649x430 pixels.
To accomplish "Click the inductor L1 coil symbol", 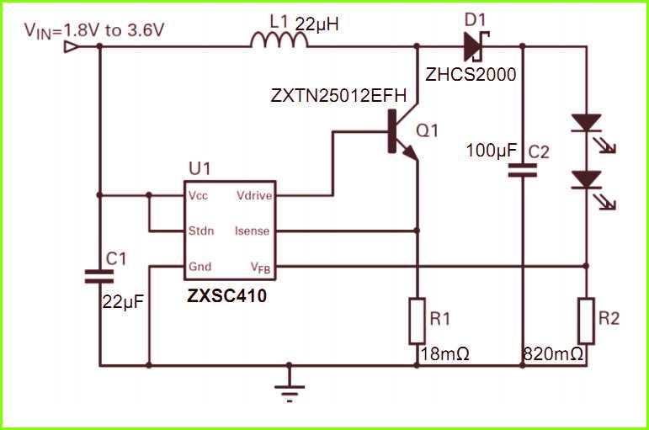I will pyautogui.click(x=278, y=39).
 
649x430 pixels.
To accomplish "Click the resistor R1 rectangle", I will pyautogui.click(x=417, y=320).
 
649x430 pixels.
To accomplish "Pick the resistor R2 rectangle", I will pyautogui.click(x=587, y=320).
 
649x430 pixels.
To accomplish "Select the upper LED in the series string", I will pyautogui.click(x=587, y=125).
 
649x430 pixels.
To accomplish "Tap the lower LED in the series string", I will pyautogui.click(x=587, y=179).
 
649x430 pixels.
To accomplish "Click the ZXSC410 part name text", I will pyautogui.click(x=227, y=295).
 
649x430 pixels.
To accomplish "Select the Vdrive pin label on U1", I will pyautogui.click(x=253, y=195).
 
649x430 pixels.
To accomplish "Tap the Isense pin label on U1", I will pyautogui.click(x=253, y=231).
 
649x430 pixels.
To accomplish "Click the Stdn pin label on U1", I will pyautogui.click(x=202, y=231).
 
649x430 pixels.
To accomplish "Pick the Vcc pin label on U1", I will pyautogui.click(x=199, y=195).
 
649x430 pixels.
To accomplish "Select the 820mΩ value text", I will pyautogui.click(x=554, y=354).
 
